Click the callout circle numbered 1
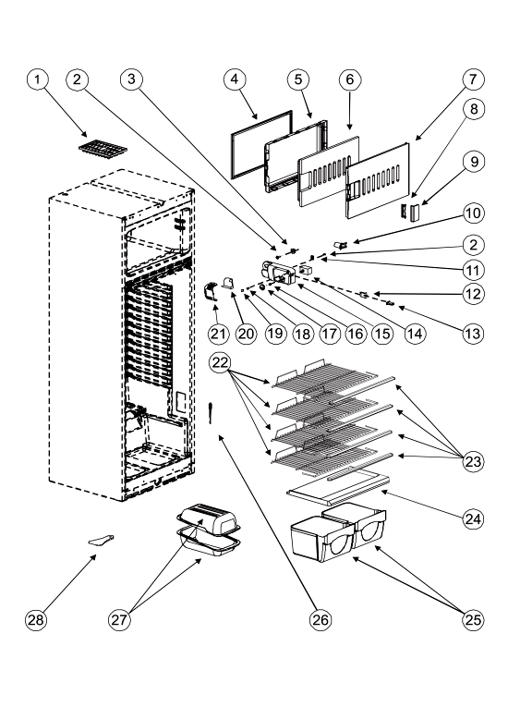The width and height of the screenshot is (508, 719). tap(37, 79)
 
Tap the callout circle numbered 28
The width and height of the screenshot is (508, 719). tap(36, 620)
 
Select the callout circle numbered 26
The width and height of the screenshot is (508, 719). tap(320, 620)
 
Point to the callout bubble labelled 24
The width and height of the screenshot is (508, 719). tap(473, 518)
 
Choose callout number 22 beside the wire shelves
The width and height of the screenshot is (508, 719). tap(221, 362)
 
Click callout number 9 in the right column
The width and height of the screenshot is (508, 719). tap(474, 162)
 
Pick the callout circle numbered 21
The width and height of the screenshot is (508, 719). tap(218, 334)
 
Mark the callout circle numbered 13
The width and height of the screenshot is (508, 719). tap(472, 334)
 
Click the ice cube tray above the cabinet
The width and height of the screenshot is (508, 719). tap(103, 148)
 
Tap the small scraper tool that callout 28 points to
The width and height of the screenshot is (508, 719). tap(101, 541)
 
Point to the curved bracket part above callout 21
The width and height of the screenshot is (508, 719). tap(211, 292)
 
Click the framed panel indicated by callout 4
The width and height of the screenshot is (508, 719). tap(260, 144)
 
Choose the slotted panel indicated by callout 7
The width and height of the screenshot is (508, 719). tap(378, 179)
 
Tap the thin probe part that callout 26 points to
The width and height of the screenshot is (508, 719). tap(211, 412)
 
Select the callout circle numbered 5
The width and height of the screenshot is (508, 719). tap(298, 79)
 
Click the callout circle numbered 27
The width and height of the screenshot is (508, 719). tap(119, 620)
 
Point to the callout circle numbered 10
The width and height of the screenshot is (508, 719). tap(474, 213)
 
